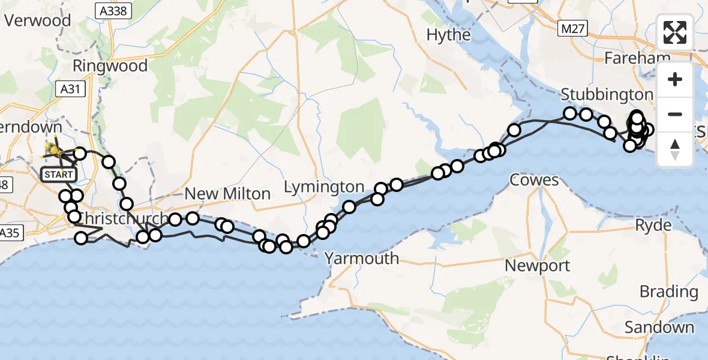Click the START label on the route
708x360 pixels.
tap(59, 175)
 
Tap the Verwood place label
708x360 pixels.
tap(37, 20)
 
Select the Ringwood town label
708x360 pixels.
tap(110, 65)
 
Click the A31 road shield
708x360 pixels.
tap(73, 89)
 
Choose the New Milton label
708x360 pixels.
tap(228, 193)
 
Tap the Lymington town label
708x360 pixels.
tap(323, 187)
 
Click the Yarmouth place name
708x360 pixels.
tap(361, 258)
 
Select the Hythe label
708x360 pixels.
tap(448, 35)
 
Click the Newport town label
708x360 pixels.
tap(538, 265)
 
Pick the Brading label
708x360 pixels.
tap(668, 292)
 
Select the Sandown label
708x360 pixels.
tap(659, 328)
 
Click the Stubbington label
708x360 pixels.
tap(607, 94)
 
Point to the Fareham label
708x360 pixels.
tap(637, 58)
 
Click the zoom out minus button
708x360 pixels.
tap(675, 114)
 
